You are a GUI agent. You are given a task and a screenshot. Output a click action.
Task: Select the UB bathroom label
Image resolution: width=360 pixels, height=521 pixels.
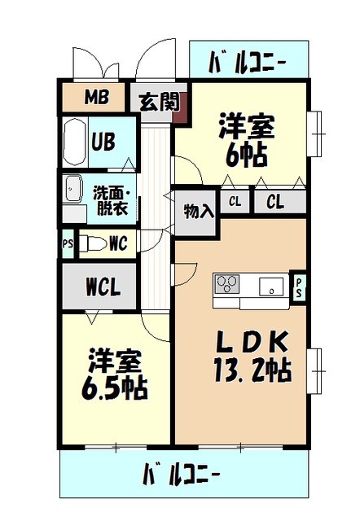point(103,142)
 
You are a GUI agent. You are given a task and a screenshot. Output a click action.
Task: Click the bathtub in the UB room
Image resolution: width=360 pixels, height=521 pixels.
point(76,142)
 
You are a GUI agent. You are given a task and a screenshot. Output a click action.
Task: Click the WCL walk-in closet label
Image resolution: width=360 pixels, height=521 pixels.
point(103,287)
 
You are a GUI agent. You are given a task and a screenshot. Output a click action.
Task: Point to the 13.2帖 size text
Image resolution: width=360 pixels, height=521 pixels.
point(253,371)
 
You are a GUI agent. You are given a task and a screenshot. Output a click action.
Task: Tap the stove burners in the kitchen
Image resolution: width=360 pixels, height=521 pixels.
point(228,285)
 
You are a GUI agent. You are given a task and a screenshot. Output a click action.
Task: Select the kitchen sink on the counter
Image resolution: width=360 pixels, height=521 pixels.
point(271,286)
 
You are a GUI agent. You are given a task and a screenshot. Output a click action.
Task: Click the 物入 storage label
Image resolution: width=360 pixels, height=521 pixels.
point(199,211)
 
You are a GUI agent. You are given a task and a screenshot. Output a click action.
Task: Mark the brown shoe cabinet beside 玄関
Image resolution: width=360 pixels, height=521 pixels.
point(180,106)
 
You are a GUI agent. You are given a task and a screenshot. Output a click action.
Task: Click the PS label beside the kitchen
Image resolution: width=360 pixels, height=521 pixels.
point(298,287)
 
